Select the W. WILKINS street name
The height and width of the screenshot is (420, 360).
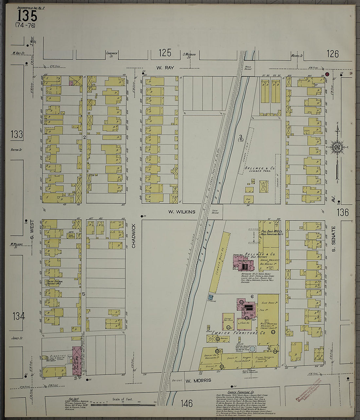tap(182, 212)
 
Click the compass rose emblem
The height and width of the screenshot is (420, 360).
tap(337, 147)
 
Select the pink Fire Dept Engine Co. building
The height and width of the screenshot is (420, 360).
tap(76, 360)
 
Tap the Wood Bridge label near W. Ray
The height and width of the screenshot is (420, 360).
tap(248, 68)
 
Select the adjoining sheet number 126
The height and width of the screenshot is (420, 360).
tap(333, 54)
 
